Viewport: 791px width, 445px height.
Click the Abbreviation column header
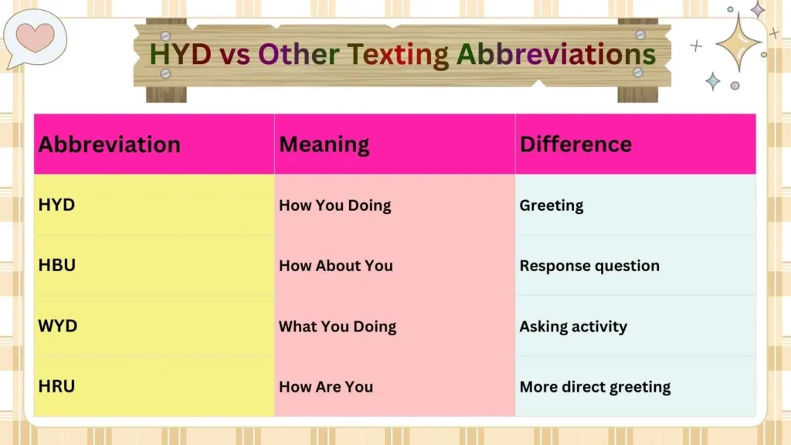[109, 144]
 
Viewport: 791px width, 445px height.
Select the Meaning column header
[324, 144]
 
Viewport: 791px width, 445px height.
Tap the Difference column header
[575, 144]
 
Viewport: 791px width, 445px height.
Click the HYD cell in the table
[56, 205]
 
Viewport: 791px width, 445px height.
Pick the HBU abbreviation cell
[57, 265]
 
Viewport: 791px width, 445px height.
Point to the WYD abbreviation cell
[58, 325]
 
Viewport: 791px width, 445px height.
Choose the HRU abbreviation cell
[56, 386]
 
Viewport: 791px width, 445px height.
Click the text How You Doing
[334, 206]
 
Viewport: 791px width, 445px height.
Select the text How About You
[335, 266]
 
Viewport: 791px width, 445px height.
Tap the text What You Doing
[337, 326]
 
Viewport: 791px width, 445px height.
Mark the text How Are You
[325, 386]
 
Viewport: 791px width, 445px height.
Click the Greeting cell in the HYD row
[551, 206]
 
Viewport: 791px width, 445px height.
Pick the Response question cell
[589, 266]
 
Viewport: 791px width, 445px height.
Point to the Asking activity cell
[573, 326]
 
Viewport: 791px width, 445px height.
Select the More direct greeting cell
[595, 386]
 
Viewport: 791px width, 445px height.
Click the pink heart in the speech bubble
[36, 37]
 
